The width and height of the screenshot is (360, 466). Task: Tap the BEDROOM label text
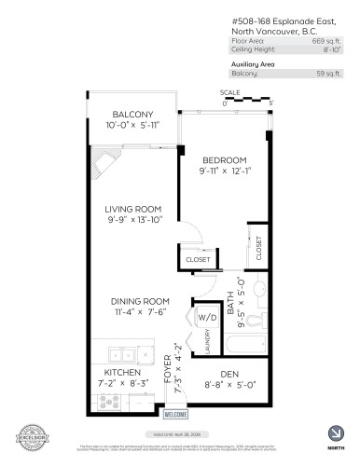point(223,159)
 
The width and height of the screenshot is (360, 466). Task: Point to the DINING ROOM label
point(140,301)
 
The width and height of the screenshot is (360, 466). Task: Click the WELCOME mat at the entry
point(174,414)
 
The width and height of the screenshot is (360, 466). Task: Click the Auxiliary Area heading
point(257,63)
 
